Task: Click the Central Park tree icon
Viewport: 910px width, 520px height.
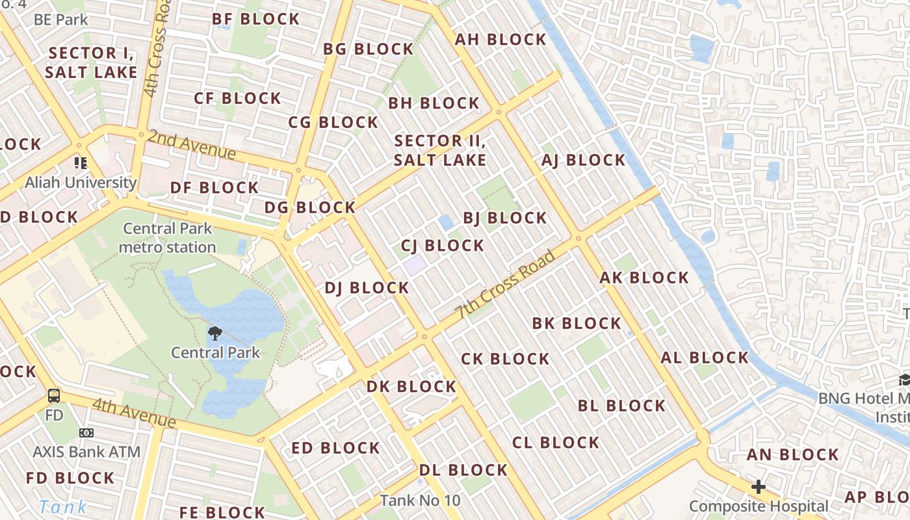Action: [214, 334]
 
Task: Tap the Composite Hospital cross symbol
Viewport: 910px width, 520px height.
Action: [758, 487]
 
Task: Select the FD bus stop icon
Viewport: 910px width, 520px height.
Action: [54, 396]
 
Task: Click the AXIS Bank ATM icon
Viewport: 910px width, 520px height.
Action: [86, 433]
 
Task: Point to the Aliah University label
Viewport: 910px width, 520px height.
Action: [81, 183]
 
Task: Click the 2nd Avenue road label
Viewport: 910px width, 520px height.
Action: [191, 145]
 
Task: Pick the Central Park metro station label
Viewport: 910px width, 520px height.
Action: [167, 238]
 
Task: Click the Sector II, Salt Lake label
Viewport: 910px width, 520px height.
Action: [440, 150]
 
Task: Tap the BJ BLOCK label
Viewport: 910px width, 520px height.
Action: [504, 218]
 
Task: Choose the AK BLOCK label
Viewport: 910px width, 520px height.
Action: [643, 278]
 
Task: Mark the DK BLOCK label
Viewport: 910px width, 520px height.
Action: [411, 387]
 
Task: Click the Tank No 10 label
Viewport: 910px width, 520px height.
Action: [420, 500]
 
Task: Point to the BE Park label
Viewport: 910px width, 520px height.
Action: [60, 19]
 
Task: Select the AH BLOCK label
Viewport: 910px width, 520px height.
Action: [500, 40]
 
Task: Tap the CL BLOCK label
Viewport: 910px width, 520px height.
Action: [555, 443]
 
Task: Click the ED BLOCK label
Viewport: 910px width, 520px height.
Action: [335, 448]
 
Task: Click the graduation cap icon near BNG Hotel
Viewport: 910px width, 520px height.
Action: [904, 380]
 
